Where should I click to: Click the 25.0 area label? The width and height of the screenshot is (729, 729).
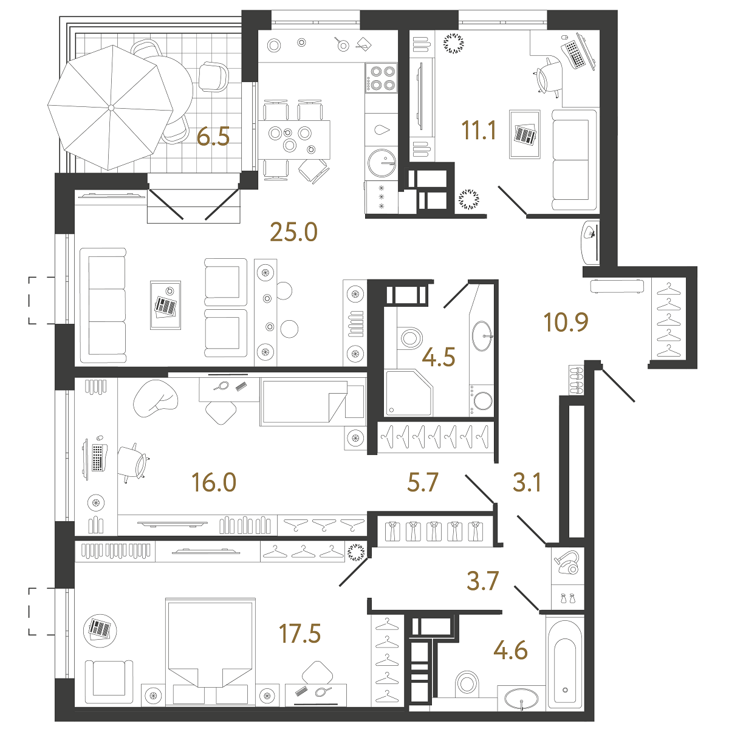293,232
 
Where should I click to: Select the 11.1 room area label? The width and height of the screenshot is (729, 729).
479,131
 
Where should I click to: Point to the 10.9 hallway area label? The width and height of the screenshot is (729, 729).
566,322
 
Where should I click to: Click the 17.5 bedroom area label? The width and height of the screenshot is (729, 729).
299,633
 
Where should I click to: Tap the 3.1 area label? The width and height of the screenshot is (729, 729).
527,482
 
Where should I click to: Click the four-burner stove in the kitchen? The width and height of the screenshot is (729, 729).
381,78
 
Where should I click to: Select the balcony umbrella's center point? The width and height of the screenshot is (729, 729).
111,108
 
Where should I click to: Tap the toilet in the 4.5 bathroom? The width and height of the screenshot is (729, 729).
409,337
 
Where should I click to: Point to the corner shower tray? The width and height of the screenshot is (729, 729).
409,392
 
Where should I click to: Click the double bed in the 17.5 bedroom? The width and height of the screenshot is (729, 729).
210,652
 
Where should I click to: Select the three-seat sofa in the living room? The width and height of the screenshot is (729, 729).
103,306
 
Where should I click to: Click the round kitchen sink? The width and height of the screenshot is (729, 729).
382,163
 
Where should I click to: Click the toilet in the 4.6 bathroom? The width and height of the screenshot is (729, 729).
468,683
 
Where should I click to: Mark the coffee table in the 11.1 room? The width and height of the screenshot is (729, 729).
525,134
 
